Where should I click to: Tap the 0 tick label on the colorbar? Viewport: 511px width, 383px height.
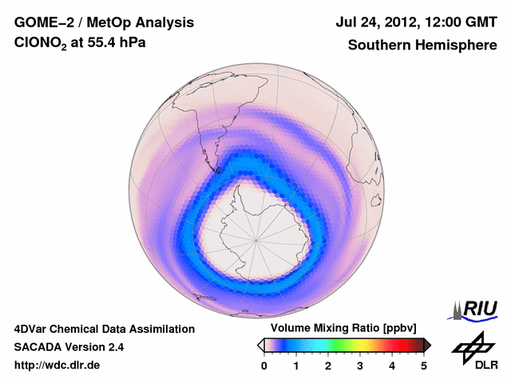264,365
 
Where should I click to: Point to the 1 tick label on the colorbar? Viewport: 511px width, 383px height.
296,365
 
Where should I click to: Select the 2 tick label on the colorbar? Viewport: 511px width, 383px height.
328,365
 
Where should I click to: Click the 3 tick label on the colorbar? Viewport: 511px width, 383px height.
360,365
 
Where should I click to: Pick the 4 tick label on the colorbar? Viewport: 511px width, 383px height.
392,365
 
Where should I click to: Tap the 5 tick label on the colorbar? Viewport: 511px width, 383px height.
424,365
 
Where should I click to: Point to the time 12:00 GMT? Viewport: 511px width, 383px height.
460,22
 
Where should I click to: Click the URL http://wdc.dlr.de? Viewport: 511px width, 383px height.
57,365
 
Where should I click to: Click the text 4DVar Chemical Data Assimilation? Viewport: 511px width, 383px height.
105,329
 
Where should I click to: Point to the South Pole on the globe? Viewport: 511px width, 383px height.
256,239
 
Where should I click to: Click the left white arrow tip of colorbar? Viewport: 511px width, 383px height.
261,345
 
